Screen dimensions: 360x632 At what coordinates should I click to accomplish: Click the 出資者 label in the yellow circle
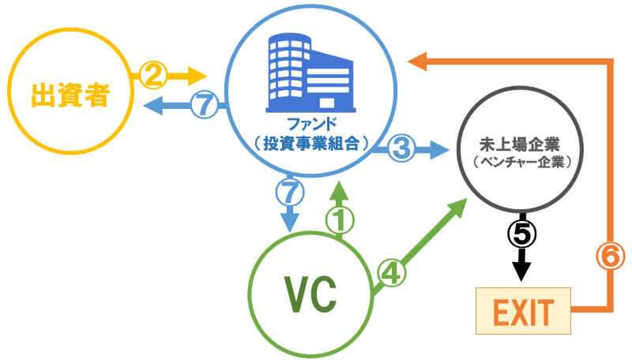69,97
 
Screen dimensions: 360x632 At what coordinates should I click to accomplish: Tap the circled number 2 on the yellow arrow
152,76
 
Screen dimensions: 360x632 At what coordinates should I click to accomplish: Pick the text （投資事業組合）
309,143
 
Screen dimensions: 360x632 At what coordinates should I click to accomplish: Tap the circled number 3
402,147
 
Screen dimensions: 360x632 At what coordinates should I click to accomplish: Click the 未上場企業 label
520,144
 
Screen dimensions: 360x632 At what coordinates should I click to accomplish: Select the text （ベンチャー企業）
520,161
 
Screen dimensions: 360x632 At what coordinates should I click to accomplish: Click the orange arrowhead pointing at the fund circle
417,60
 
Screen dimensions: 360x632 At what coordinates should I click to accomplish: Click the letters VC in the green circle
310,294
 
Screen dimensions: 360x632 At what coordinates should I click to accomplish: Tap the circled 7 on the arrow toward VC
290,190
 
